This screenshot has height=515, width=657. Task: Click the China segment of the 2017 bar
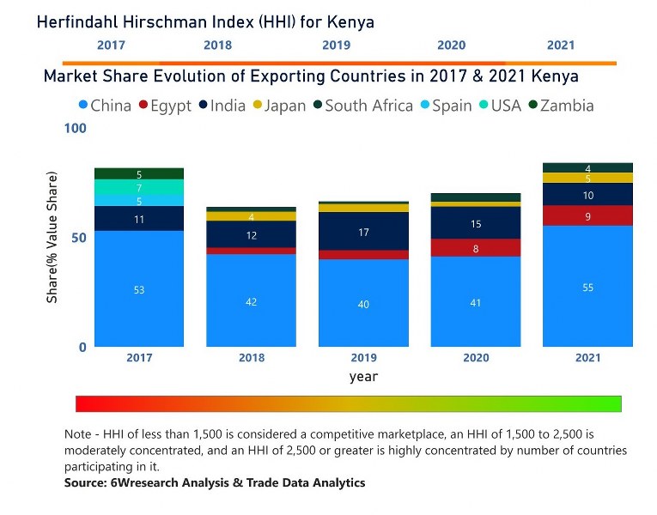[139, 289]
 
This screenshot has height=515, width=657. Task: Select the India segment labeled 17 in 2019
[363, 232]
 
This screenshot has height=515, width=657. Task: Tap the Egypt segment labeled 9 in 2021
[587, 216]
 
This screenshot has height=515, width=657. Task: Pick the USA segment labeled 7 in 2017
[139, 187]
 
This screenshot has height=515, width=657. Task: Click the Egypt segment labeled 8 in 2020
[476, 248]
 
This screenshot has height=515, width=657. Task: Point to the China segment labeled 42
[251, 301]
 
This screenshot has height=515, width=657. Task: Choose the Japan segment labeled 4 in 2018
[251, 216]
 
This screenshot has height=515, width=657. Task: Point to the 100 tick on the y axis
[76, 129]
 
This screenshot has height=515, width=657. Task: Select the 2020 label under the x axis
[476, 358]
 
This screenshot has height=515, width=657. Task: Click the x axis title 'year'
[363, 376]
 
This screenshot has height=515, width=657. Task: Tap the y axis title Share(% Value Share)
[52, 238]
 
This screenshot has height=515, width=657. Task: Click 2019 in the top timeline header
[336, 45]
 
